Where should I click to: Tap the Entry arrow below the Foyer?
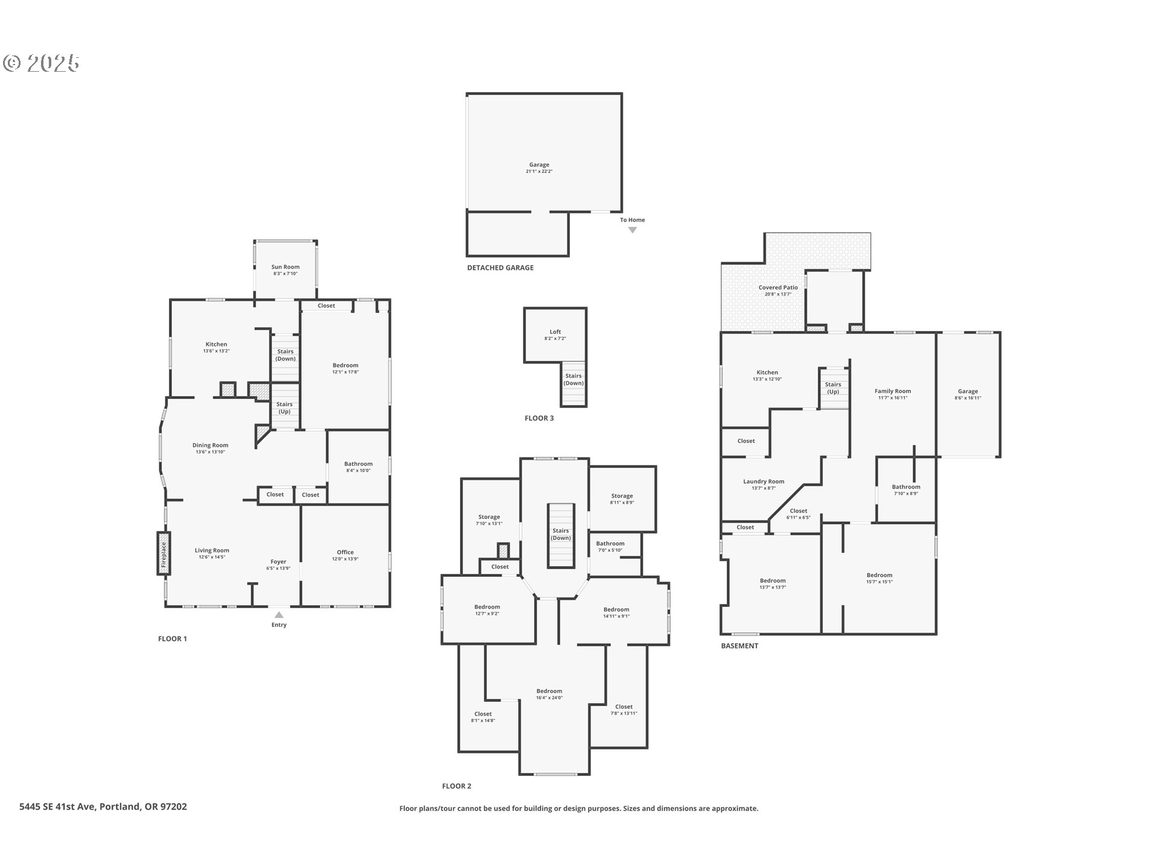pyautogui.click(x=279, y=615)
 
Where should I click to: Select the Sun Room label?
pyautogui.click(x=285, y=267)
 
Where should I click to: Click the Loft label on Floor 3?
pyautogui.click(x=555, y=332)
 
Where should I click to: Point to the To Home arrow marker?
pyautogui.click(x=632, y=230)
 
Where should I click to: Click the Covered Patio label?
pyautogui.click(x=778, y=288)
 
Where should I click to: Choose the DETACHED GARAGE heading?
pyautogui.click(x=500, y=268)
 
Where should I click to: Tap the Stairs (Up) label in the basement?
pyautogui.click(x=833, y=388)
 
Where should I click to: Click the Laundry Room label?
pyautogui.click(x=764, y=482)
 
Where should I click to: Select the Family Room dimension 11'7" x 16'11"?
pyautogui.click(x=893, y=398)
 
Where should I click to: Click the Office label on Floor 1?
pyautogui.click(x=345, y=552)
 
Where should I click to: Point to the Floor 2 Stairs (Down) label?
pyautogui.click(x=560, y=534)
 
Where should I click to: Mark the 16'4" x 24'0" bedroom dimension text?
pyautogui.click(x=549, y=698)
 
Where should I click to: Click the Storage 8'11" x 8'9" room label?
pyautogui.click(x=622, y=496)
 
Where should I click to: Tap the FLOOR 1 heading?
pyautogui.click(x=172, y=639)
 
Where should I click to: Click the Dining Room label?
pyautogui.click(x=210, y=445)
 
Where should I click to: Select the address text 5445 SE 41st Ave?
pyautogui.click(x=57, y=807)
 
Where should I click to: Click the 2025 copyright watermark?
pyautogui.click(x=42, y=63)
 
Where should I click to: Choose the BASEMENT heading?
pyautogui.click(x=739, y=646)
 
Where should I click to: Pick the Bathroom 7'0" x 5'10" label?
pyautogui.click(x=610, y=544)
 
